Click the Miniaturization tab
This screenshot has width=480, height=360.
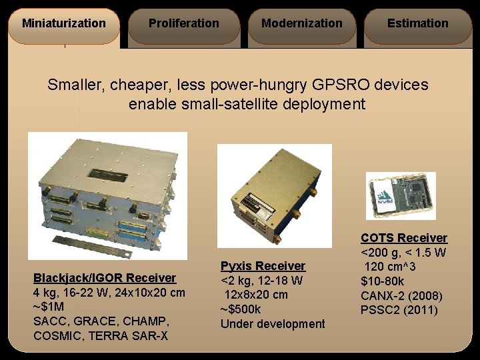63,23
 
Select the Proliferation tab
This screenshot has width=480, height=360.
183,23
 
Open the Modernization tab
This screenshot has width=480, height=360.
302,23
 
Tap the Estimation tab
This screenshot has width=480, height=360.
418,23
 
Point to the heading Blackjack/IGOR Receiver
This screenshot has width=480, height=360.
105,278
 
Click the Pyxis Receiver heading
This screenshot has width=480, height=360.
263,266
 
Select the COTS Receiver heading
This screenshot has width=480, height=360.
404,238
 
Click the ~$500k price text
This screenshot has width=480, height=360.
241,309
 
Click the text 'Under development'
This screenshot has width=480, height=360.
273,324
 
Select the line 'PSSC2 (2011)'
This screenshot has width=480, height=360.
399,310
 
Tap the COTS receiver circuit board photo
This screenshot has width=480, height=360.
401,196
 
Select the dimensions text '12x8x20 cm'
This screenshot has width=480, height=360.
256,295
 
